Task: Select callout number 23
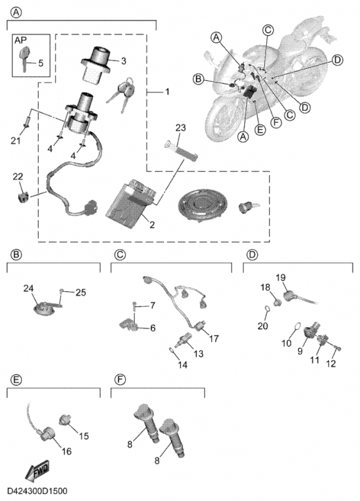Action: (x=180, y=128)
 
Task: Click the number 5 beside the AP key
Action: (x=41, y=63)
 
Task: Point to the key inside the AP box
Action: (x=25, y=56)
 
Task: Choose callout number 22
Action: (x=18, y=177)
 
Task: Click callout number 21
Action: (x=15, y=140)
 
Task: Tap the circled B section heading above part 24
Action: (x=16, y=254)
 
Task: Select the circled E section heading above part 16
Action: (x=16, y=380)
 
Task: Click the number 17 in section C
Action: (x=213, y=338)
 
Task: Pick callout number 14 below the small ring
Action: (x=182, y=364)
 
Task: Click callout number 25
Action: (x=81, y=292)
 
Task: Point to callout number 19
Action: (x=280, y=277)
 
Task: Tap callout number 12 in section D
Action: (x=331, y=364)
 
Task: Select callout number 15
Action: (x=84, y=436)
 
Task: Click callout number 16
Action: (x=66, y=451)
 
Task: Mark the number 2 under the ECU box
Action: (x=152, y=225)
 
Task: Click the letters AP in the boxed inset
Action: (x=21, y=40)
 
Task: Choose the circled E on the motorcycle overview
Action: (x=260, y=130)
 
